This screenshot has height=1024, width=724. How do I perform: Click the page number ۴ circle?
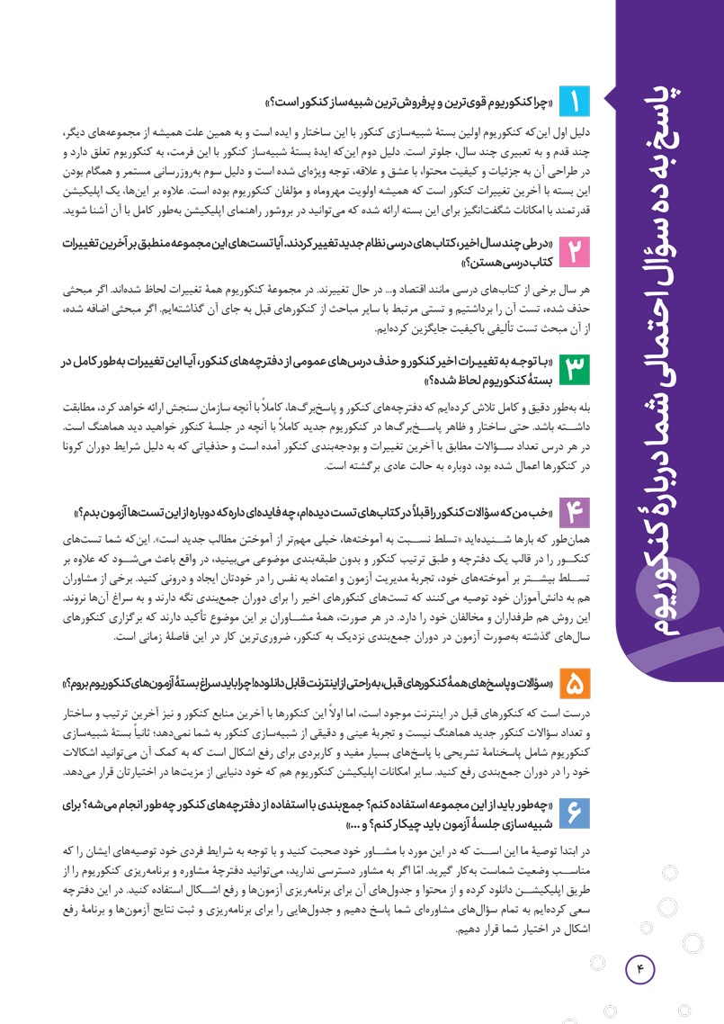point(641,942)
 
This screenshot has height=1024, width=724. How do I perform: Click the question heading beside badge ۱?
point(410,98)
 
